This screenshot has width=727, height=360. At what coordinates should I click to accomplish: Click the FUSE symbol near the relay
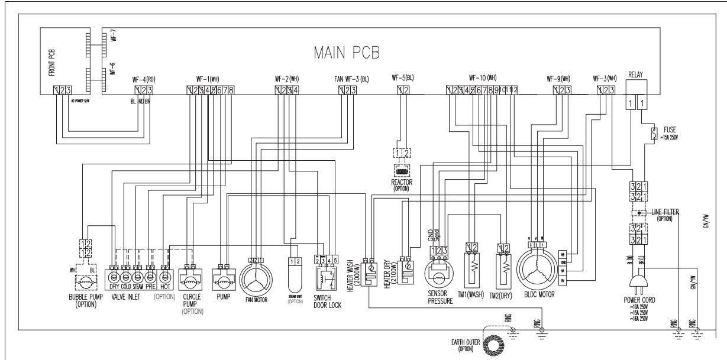pyautogui.click(x=654, y=132)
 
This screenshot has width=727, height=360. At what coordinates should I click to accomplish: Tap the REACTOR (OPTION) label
pyautogui.click(x=402, y=185)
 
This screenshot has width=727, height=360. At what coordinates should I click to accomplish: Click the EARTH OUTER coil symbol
pyautogui.click(x=491, y=343)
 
